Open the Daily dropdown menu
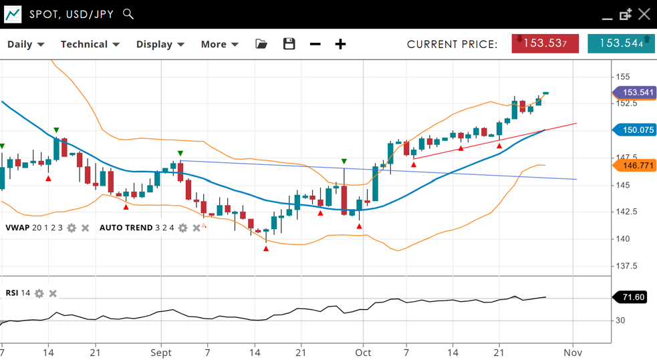tap(25, 44)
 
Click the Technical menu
tap(90, 44)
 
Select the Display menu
tap(160, 44)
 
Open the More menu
tap(219, 44)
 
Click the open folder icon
tap(261, 44)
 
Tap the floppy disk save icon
tap(289, 44)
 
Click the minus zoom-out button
tap(315, 44)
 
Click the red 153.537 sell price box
tap(545, 43)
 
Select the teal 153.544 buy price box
tap(621, 43)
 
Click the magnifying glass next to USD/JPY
tap(128, 14)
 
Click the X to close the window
tap(644, 14)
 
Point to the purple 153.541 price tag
tap(637, 93)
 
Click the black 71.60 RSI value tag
tap(632, 297)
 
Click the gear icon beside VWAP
tap(72, 228)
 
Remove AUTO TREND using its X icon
tap(196, 228)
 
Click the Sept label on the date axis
tap(161, 352)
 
